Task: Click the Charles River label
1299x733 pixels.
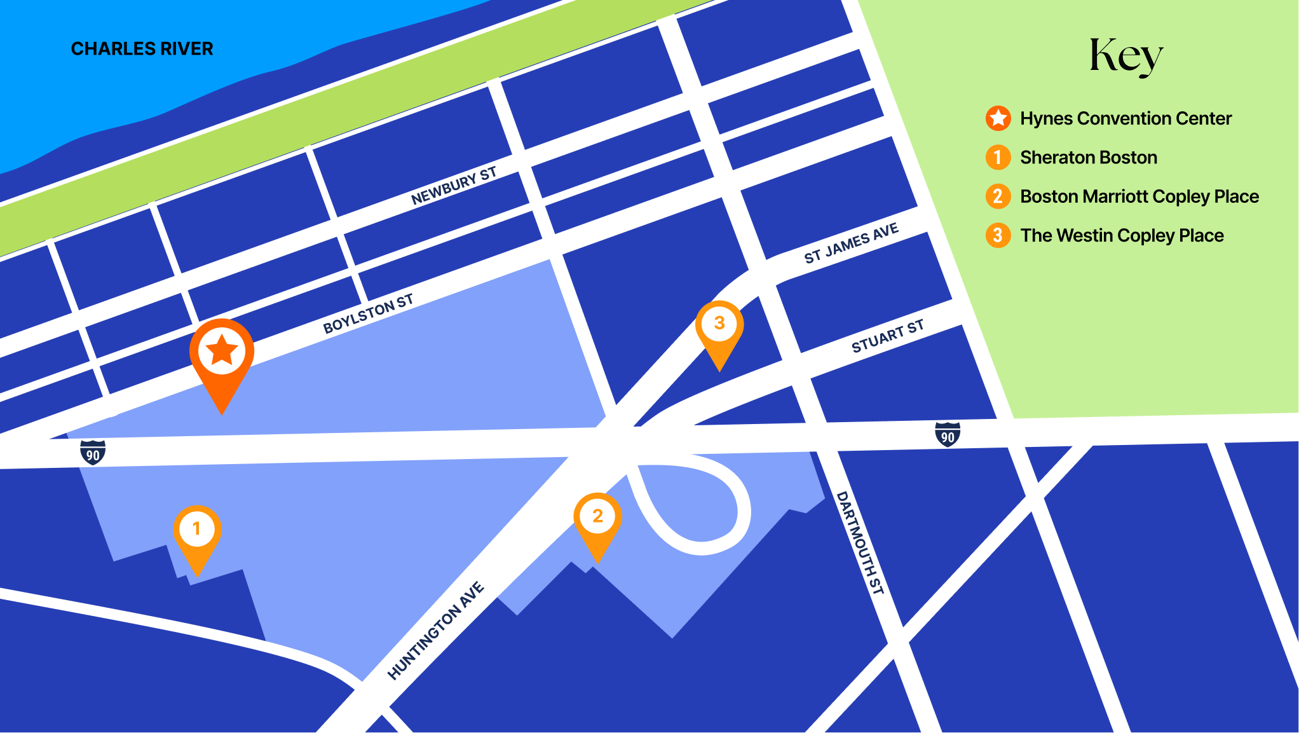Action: (142, 49)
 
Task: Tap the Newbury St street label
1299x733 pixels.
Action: (453, 187)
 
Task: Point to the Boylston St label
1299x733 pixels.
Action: (368, 314)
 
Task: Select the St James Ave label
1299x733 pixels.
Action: (851, 243)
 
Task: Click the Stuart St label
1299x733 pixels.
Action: (887, 337)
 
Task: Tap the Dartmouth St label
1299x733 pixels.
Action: (860, 542)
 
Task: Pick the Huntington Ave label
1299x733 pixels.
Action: (436, 631)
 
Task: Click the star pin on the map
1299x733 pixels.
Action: (222, 351)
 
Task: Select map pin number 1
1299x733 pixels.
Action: (197, 529)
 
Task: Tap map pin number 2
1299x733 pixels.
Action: (597, 516)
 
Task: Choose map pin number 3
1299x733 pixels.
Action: (719, 324)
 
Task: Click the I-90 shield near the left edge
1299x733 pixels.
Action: (93, 453)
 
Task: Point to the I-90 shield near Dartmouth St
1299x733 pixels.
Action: (948, 435)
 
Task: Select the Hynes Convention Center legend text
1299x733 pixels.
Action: (1126, 118)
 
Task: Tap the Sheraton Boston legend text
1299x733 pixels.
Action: (1089, 158)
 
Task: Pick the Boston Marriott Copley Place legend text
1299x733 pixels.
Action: (1139, 196)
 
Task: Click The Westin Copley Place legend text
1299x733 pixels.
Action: (1122, 235)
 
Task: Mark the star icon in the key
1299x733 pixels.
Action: (998, 118)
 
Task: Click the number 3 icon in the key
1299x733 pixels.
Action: (998, 235)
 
